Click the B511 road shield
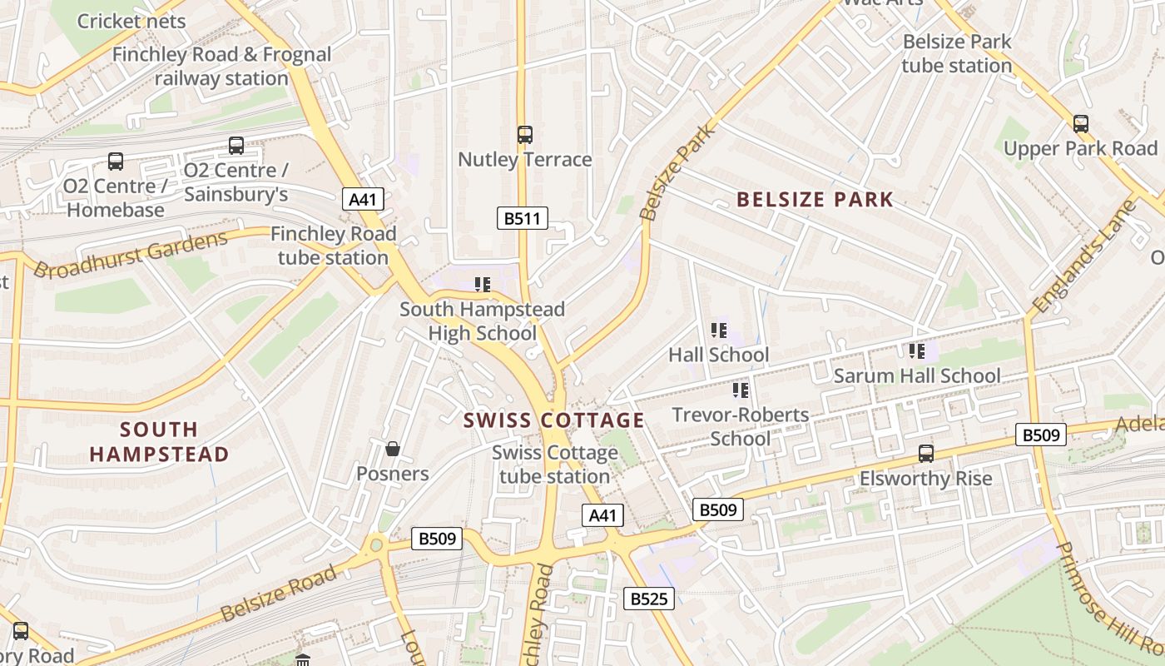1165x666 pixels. [523, 219]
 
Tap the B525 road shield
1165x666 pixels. [649, 598]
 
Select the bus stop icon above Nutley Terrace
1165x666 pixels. [525, 134]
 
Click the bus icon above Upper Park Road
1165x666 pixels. [1080, 124]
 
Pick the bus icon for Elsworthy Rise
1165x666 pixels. [925, 454]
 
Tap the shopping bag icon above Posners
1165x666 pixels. [393, 450]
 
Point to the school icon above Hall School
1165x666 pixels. [719, 331]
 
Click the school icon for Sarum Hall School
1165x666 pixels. [917, 351]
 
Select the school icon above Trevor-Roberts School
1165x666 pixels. [741, 390]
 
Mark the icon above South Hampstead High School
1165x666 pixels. [482, 285]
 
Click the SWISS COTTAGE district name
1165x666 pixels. [554, 420]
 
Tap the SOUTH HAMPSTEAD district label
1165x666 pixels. [159, 442]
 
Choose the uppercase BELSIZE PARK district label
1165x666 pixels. [815, 200]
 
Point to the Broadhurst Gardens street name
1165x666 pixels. [131, 256]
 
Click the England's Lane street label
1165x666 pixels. [1083, 258]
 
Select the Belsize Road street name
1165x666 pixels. [279, 593]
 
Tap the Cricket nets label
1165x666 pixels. [131, 21]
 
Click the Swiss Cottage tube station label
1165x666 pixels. [554, 465]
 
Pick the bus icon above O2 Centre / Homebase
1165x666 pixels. [116, 162]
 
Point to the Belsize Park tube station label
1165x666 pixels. [957, 53]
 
